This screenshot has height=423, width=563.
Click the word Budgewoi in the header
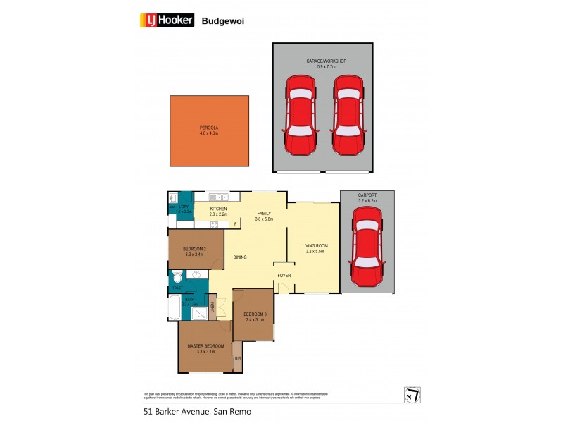coord(223,21)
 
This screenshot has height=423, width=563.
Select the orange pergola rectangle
coord(209,131)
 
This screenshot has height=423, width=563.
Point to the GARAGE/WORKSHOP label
coord(326,61)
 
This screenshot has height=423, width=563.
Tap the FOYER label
coord(284,275)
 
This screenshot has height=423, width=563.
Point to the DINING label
coord(240,257)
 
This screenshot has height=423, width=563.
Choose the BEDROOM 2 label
coord(194,249)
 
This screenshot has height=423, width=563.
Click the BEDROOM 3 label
coord(253,314)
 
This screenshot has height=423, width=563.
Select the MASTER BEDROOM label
coord(205,345)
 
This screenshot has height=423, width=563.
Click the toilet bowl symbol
coord(176,278)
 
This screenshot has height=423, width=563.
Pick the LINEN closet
coord(211,307)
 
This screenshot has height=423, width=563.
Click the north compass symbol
coord(413,396)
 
